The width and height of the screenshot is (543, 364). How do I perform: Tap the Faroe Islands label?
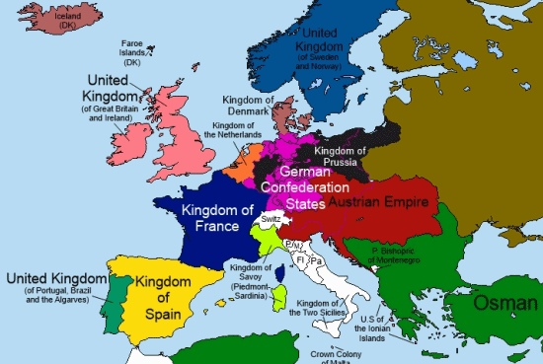pyautogui.click(x=133, y=51)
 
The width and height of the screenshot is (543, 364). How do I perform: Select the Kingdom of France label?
pyautogui.click(x=208, y=217)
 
